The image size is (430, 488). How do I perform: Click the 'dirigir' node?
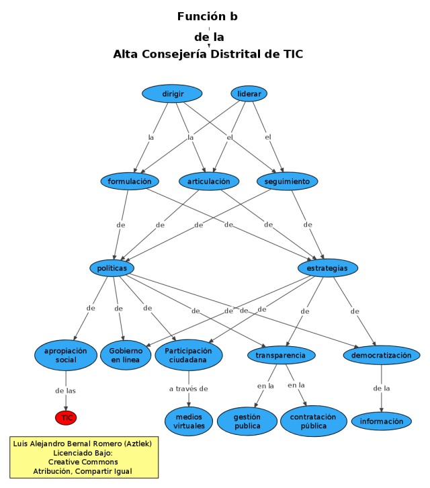[x=173, y=93]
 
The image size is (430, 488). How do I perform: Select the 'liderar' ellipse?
[x=249, y=93]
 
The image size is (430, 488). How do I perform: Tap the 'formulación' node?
[x=130, y=181]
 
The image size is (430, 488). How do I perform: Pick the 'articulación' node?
[x=209, y=181]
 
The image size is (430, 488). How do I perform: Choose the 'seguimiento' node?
[x=287, y=181]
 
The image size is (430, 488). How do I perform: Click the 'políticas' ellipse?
[x=112, y=268]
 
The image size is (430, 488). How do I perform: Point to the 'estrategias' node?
[x=327, y=268]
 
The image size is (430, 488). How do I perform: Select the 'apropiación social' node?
[x=66, y=356]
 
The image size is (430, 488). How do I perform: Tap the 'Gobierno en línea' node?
[x=126, y=356]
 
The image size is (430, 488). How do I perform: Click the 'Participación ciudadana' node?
[x=188, y=356]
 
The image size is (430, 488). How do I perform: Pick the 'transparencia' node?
[x=281, y=355]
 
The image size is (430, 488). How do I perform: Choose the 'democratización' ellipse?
[x=381, y=355]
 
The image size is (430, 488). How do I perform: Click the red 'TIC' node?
[x=66, y=418]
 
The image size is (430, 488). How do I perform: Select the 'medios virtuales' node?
[x=188, y=421]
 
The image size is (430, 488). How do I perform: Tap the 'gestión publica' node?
[x=247, y=421]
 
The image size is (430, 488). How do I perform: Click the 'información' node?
[x=381, y=421]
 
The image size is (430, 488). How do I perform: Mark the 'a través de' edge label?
[x=188, y=389]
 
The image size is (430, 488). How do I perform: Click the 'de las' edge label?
[x=66, y=391]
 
